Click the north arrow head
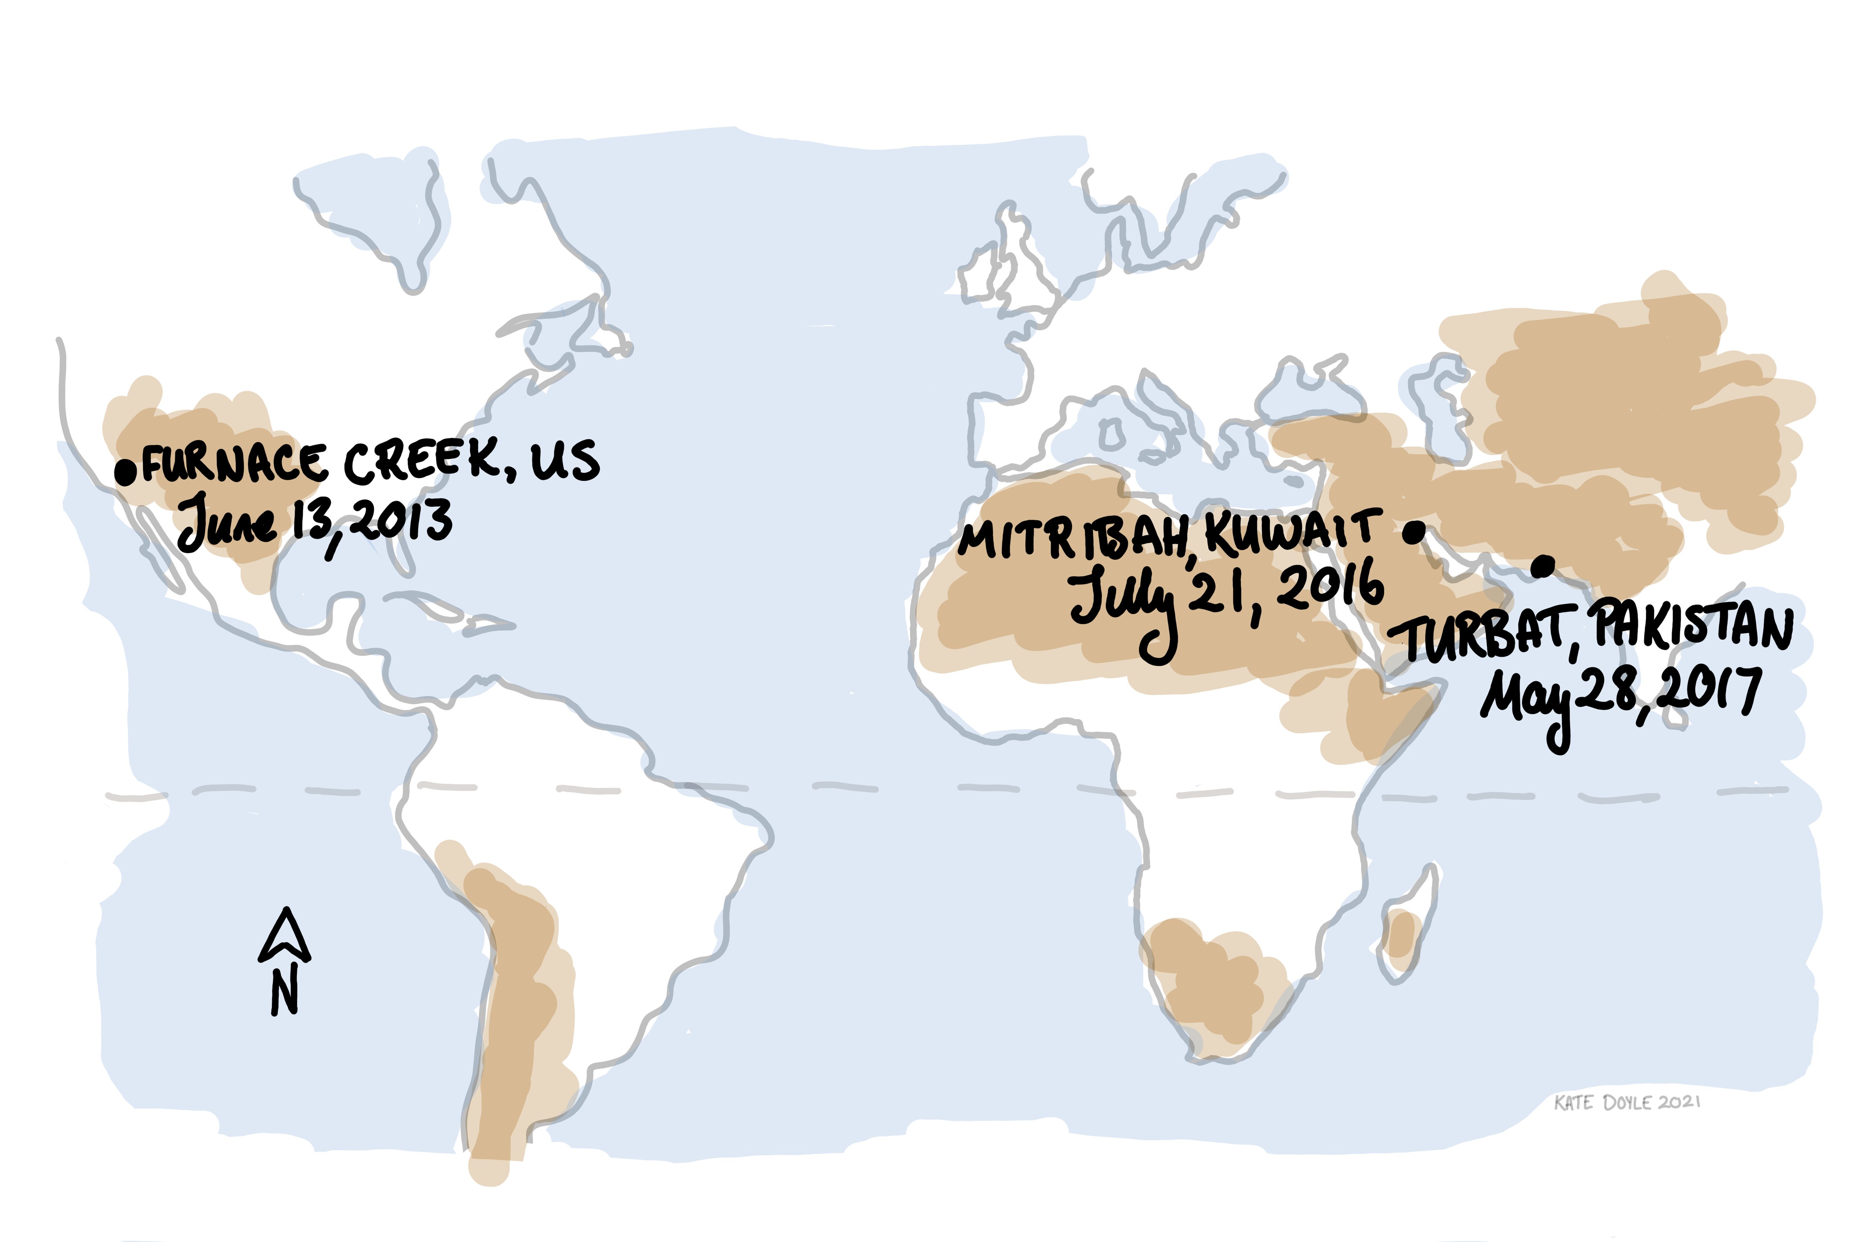click(284, 935)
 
